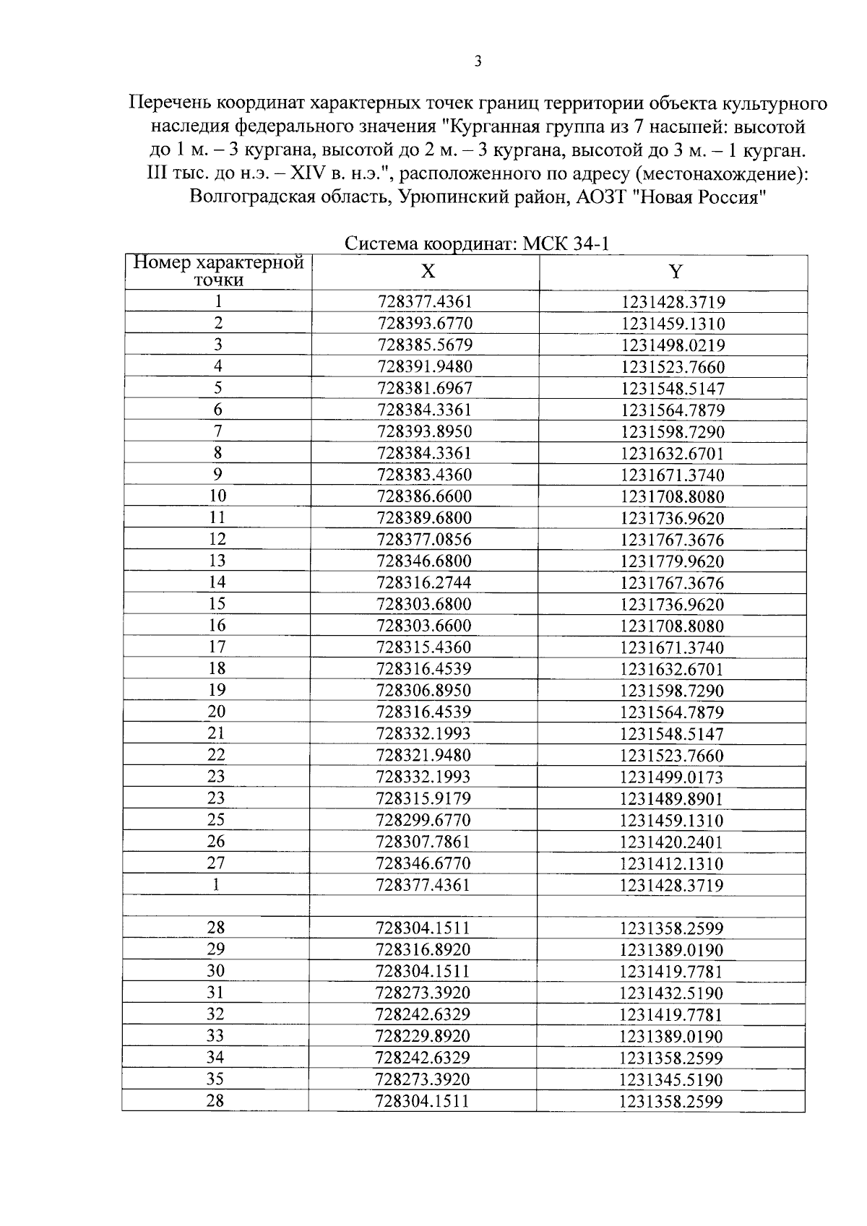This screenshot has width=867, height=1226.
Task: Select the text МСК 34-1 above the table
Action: tap(566, 243)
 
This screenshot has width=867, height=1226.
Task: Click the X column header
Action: tap(428, 272)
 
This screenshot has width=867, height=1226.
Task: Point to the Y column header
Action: tap(675, 272)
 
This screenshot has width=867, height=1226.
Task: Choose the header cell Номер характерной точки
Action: tap(218, 271)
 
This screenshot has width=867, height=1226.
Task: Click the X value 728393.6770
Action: tap(425, 323)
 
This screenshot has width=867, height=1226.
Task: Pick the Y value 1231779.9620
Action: tap(672, 561)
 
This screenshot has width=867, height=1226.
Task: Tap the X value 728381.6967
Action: tap(425, 388)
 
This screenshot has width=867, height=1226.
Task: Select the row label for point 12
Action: tap(217, 539)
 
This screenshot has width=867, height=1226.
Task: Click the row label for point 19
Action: tap(217, 690)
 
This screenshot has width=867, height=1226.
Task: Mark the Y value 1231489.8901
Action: tap(671, 798)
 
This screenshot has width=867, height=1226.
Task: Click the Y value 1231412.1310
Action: tap(671, 863)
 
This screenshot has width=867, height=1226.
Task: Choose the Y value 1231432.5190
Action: tap(671, 993)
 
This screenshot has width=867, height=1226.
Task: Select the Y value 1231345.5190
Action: tap(671, 1079)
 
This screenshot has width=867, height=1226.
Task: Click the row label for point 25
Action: tap(216, 820)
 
